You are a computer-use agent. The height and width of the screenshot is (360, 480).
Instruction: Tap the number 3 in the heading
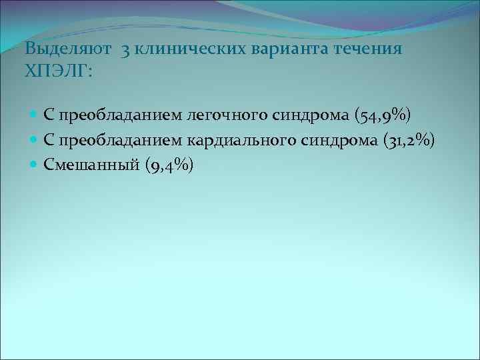125,49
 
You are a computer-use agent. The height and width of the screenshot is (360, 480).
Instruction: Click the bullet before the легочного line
35,116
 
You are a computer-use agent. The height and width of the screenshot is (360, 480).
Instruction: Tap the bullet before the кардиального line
35,141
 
